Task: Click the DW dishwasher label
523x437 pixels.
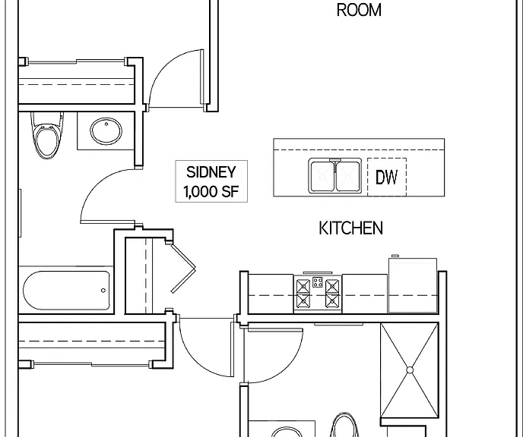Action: (x=387, y=177)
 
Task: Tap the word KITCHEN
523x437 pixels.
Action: (x=351, y=228)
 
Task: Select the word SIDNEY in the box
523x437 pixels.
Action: (x=211, y=172)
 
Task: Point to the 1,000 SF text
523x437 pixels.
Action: (x=211, y=191)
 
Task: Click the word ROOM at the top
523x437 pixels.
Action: (x=359, y=10)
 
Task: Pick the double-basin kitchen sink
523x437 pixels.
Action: (x=334, y=175)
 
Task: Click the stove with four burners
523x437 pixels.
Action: (x=318, y=294)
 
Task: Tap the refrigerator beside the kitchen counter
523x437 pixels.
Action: (x=413, y=285)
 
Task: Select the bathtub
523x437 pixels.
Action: (x=66, y=291)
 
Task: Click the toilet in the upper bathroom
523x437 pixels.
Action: (x=47, y=135)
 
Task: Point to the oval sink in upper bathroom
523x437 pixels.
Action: (x=106, y=130)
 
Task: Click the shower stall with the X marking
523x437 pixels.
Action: (x=410, y=370)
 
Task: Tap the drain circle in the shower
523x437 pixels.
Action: (x=410, y=370)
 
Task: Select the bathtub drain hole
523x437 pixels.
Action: (x=103, y=291)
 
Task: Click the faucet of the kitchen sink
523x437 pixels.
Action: (x=335, y=162)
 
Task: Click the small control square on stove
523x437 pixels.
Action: (x=318, y=282)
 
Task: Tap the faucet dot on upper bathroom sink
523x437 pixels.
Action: (x=106, y=124)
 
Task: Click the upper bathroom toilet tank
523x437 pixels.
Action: (x=47, y=118)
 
